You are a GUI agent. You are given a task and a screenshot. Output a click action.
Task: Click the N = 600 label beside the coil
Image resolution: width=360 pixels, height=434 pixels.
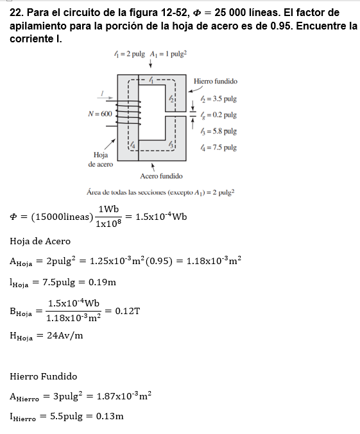pos(99,113)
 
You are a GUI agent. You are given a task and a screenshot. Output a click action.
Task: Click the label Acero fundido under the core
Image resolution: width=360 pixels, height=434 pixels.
pos(160,176)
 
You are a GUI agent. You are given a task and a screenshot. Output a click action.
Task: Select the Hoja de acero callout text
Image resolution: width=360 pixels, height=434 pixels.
pos(101,160)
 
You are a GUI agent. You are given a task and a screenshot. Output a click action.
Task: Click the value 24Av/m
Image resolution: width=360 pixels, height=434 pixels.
pos(64,335)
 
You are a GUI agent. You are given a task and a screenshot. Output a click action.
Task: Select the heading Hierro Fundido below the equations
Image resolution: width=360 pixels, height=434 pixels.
pos(44,376)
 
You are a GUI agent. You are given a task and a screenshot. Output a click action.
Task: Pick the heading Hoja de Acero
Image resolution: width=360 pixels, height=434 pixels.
pos(40,241)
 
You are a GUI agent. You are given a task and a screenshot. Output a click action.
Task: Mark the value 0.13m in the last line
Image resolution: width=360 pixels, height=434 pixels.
pos(109,417)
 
